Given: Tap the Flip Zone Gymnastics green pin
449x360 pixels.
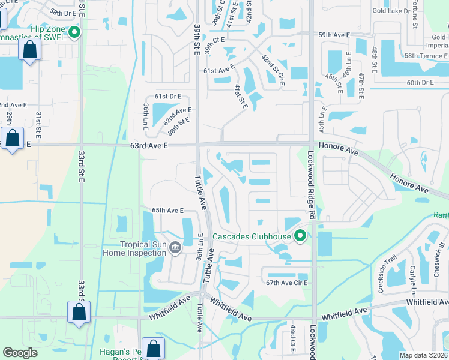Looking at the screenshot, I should [x=74, y=32].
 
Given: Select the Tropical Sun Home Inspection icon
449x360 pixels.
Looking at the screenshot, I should [x=175, y=248].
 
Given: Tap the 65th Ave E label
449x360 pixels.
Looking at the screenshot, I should [x=167, y=211].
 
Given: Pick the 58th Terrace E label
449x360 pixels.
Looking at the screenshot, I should [x=426, y=56].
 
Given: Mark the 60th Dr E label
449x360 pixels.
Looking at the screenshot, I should [x=420, y=83].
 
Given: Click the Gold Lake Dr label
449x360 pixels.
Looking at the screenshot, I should [x=390, y=11].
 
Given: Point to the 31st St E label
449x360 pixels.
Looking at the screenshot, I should [x=38, y=122].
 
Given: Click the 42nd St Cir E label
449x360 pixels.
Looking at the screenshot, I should [x=272, y=69].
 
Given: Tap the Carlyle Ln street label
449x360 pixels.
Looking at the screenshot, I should [x=412, y=277].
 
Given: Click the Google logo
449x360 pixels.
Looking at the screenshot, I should [x=20, y=353].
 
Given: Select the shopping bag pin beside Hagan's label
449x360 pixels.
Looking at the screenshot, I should [x=153, y=349].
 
